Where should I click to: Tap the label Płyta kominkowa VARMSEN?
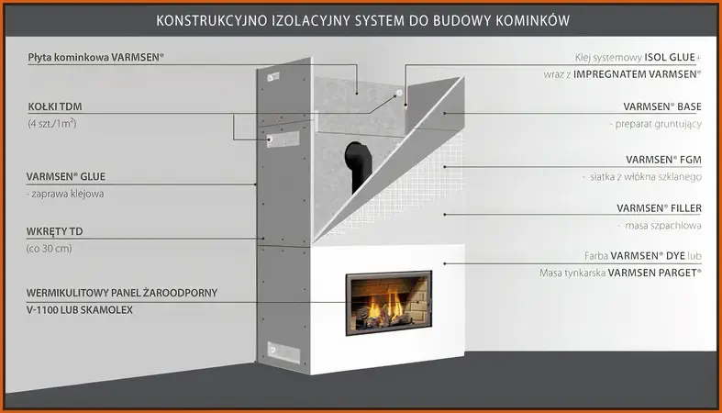coord(95,58)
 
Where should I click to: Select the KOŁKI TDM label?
coord(55,106)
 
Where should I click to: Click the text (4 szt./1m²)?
coord(52,123)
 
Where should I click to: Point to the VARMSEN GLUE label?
coord(66,176)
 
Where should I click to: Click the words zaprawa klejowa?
coord(67,194)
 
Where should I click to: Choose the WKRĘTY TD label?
coord(54,231)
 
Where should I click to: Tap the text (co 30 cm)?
coord(50,249)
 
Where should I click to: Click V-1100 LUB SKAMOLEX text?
coord(80,310)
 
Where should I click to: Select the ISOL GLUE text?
coord(670,57)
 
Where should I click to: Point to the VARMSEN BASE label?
coord(662,106)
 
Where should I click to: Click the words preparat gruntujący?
coord(659,124)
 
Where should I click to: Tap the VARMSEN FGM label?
coord(663,160)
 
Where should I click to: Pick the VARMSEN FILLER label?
coord(660,208)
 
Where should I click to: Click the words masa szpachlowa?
coord(663,226)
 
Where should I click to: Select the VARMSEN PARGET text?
coord(654,273)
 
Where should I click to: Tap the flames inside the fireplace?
coord(383,307)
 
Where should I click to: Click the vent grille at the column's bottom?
coord(284,352)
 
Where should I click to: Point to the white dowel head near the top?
coord(399,93)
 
